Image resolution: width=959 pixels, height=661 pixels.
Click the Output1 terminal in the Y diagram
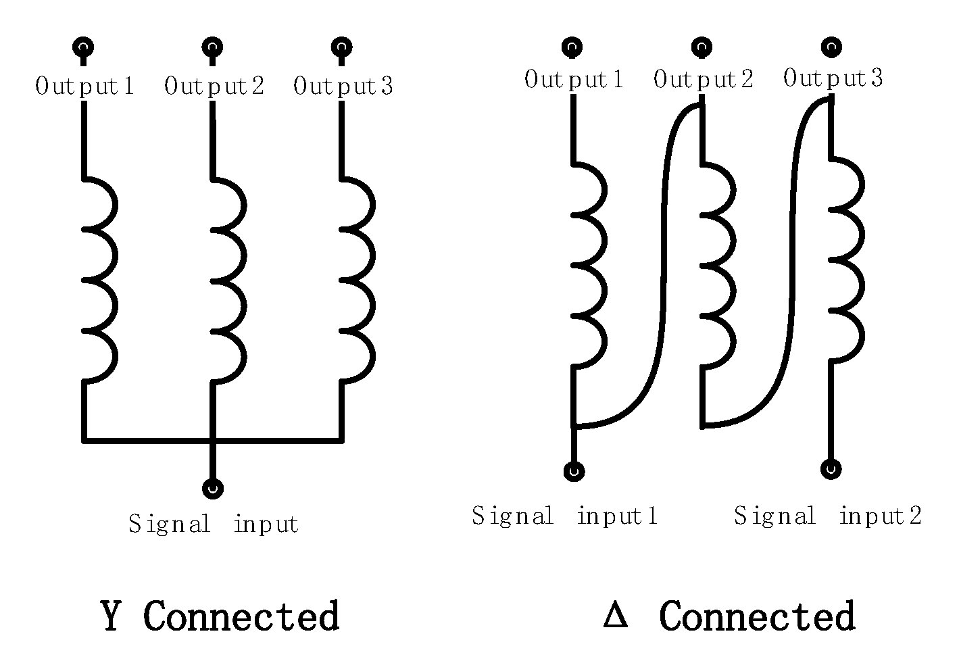(x=83, y=47)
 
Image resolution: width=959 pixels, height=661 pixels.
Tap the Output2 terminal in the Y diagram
(x=212, y=47)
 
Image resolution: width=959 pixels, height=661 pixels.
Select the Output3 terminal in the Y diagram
(x=341, y=47)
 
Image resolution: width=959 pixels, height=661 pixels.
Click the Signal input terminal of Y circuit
(x=213, y=488)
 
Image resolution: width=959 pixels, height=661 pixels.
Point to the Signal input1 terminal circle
(x=574, y=471)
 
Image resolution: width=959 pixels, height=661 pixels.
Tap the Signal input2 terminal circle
(x=831, y=468)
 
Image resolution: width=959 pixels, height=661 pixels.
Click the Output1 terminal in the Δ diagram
(x=572, y=47)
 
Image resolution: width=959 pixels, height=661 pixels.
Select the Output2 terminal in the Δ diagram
(x=702, y=47)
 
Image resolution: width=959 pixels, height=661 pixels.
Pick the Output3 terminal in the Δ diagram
(x=831, y=47)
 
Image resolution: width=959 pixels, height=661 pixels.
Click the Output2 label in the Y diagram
(x=214, y=87)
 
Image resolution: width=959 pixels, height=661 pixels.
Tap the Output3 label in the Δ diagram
(x=833, y=79)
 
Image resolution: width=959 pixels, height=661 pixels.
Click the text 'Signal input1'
(x=565, y=516)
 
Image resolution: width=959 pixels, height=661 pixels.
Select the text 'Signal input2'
(x=828, y=516)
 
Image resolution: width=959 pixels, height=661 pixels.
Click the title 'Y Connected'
(x=220, y=616)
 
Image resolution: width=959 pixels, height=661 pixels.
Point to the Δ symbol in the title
(x=615, y=616)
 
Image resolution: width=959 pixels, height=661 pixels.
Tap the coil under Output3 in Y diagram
(x=356, y=280)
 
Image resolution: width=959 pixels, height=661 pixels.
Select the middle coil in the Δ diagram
(x=716, y=266)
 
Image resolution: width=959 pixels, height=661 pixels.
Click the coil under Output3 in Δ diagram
(x=846, y=260)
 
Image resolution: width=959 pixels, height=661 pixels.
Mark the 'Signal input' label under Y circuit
(x=214, y=524)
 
